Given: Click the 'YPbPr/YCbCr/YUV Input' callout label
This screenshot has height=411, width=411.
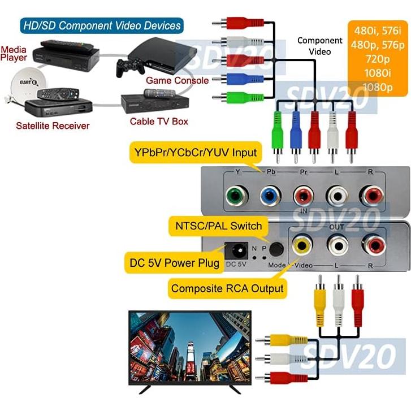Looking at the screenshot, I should (196, 152).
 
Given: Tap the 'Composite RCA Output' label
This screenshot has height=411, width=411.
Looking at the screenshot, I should (227, 288).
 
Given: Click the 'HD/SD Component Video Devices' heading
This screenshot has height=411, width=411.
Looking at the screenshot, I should (102, 25).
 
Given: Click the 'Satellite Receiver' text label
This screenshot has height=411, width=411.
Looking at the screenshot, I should (53, 126).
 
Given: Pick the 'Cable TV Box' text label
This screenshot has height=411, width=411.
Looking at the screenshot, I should (159, 121).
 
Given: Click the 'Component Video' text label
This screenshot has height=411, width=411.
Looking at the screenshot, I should (319, 46).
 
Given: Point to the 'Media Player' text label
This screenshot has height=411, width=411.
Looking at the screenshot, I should (14, 53).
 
